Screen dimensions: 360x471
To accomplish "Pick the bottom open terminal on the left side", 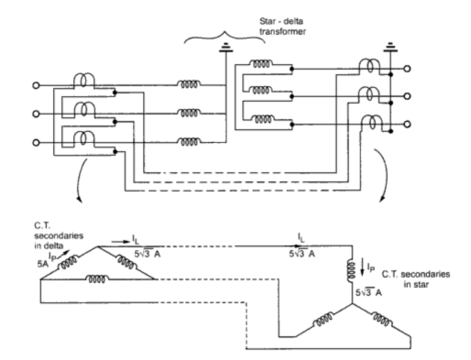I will (37, 143).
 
